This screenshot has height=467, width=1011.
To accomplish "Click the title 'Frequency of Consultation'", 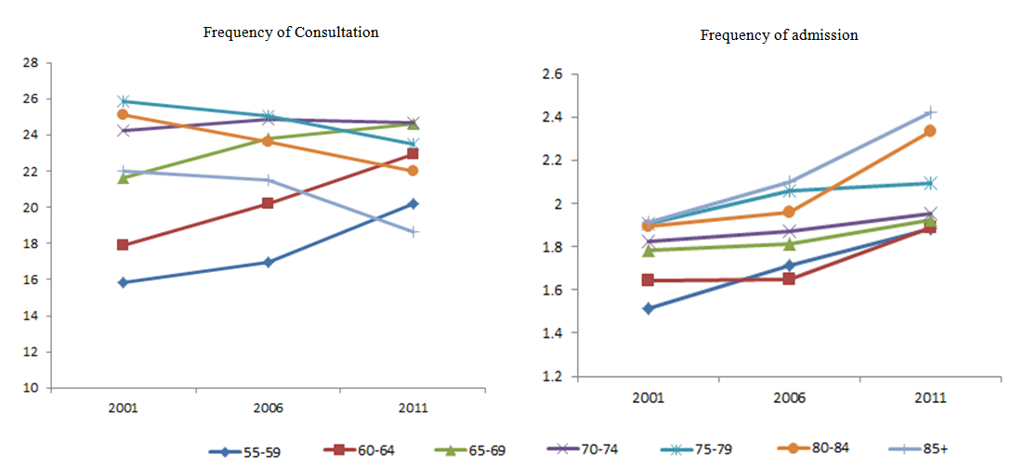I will pos(291,32).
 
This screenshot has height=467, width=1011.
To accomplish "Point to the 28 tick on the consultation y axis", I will pos(32,63).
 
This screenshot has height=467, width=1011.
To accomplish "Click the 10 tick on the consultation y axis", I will pos(32,388).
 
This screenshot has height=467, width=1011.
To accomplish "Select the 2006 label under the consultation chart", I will pos(268,408).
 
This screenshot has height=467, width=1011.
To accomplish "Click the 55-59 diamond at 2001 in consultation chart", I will pos(123,282).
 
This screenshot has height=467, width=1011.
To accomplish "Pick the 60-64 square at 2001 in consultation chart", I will pos(123,245).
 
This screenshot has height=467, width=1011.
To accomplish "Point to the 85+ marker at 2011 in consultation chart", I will pos(413,231).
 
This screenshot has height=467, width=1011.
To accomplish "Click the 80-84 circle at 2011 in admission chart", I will pos(928,131).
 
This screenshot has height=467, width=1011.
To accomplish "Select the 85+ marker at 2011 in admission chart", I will pos(928,112).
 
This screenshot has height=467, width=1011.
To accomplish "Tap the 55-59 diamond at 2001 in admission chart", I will pos(648,308).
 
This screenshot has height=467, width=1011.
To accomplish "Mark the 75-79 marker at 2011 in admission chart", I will pos(928,183).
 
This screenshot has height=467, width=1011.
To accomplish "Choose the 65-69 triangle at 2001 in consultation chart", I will pos(123,177).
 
